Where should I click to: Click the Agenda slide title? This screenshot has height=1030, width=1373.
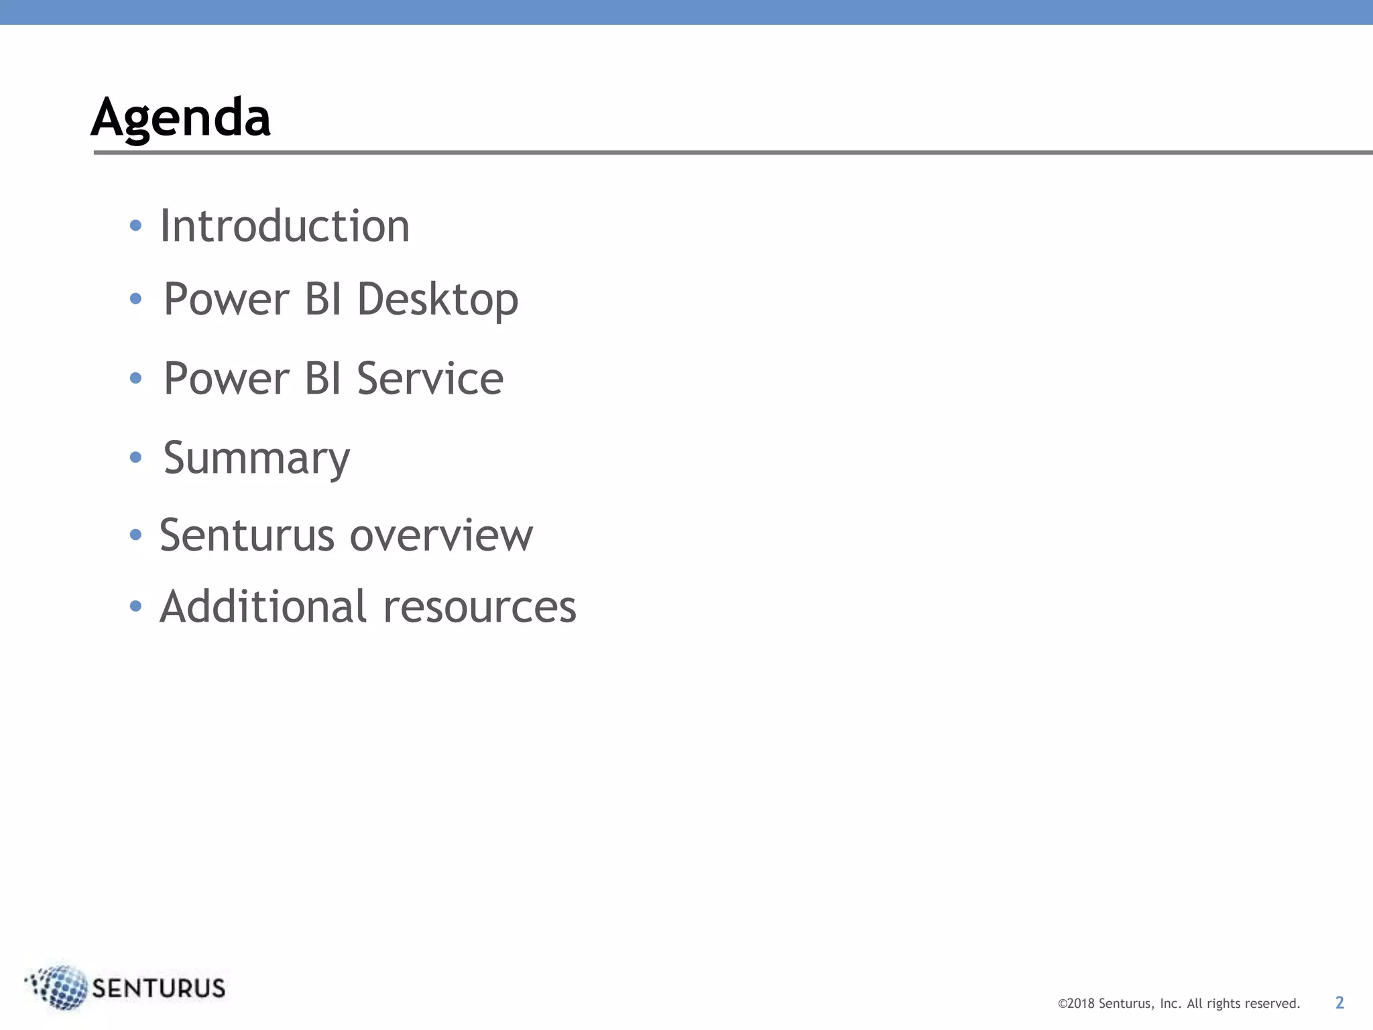[180, 118]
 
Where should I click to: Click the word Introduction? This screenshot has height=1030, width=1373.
[284, 226]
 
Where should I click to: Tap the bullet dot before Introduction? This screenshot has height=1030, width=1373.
[135, 226]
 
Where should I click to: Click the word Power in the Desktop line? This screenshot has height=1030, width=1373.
[227, 299]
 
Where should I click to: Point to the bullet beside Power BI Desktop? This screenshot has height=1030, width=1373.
[135, 299]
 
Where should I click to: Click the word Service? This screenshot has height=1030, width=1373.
[430, 378]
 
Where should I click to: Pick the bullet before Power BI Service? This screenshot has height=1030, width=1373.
[135, 378]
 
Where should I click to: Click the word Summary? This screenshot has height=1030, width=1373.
[256, 459]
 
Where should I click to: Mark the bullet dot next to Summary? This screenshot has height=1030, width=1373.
[135, 458]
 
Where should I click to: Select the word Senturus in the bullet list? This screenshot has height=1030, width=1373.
[247, 536]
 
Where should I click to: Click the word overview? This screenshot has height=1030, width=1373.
[441, 536]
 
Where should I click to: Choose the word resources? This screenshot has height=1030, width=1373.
[479, 608]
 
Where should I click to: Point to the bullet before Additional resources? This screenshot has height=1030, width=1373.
[135, 607]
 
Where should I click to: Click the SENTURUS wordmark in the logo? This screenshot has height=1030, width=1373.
[159, 988]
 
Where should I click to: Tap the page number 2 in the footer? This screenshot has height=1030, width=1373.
[1339, 1003]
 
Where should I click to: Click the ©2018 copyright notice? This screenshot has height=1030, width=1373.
[1179, 1004]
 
